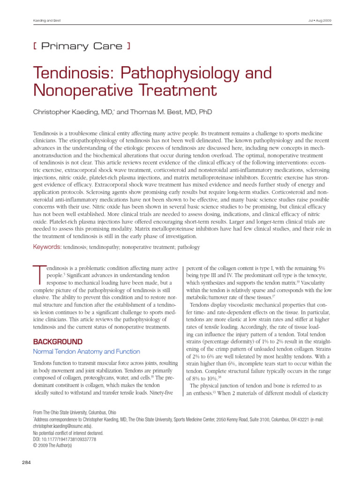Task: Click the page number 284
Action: click(x=26, y=463)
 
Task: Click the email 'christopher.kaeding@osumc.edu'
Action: click(x=62, y=427)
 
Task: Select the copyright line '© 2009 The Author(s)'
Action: click(x=52, y=445)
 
